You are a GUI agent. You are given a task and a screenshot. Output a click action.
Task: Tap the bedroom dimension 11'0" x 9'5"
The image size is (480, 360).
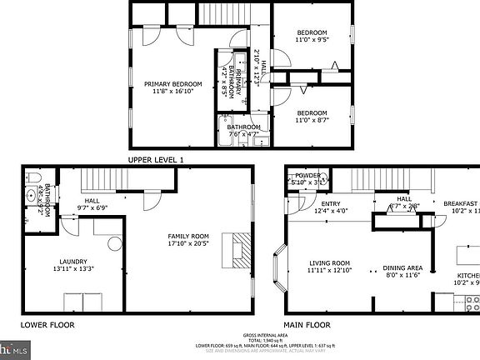click(x=312, y=38)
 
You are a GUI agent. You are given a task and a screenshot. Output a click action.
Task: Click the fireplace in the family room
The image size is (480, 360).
click(x=240, y=247)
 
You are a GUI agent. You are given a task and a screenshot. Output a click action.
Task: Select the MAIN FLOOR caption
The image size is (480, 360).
click(x=307, y=324)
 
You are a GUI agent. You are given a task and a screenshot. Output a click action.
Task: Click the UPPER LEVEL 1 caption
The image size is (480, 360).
click(x=156, y=159)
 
